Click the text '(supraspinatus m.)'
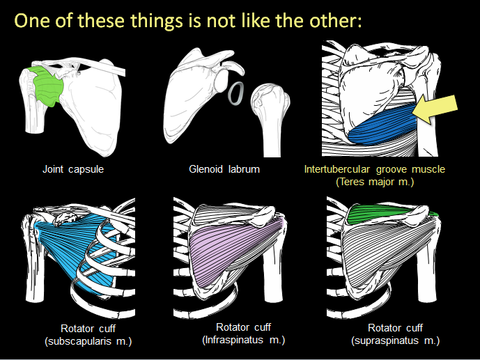(x=394, y=341)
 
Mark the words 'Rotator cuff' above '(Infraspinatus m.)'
(x=243, y=327)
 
